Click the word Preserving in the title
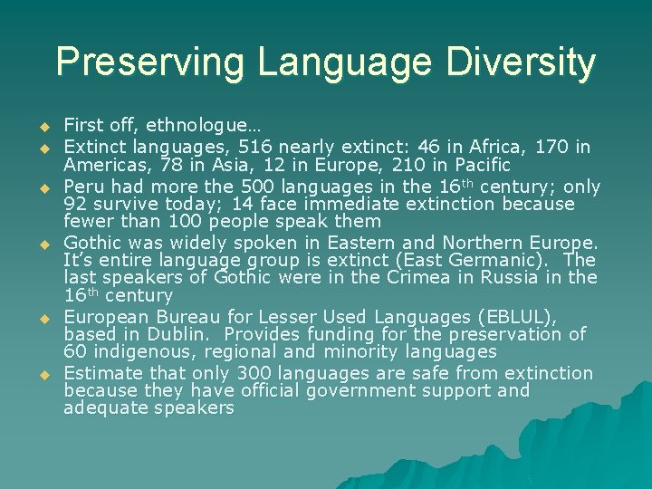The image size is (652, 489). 149,62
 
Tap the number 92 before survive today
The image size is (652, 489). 77,204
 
